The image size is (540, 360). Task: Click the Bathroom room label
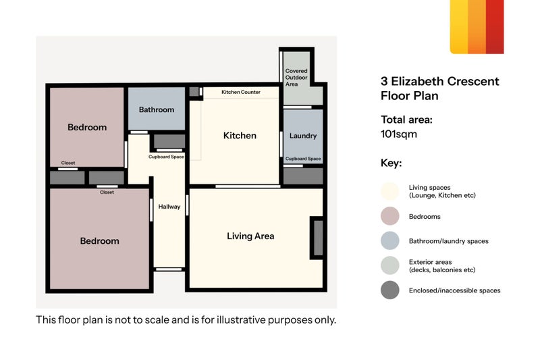pos(157,109)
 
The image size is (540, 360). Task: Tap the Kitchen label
pos(240,135)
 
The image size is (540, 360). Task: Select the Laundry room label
pos(303,136)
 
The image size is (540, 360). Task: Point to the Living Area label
pos(250,236)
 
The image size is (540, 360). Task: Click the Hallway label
pos(169,207)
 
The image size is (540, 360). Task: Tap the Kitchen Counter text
pos(241,92)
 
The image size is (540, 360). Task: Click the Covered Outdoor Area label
pos(296,78)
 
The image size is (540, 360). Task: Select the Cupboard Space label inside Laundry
pos(303,159)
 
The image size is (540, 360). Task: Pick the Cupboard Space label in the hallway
pos(166,157)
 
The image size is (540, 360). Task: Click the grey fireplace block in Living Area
pos(318,238)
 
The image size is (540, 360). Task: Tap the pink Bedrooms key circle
pos(390,216)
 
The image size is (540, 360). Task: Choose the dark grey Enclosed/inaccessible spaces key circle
pos(390,290)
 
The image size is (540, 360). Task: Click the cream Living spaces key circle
pos(390,191)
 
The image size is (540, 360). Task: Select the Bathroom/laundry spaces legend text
pos(448,241)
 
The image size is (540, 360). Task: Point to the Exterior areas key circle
pos(390,265)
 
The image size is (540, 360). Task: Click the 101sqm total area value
pos(399,134)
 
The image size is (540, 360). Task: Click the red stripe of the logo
pos(495,27)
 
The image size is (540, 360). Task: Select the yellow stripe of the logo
pos(459,27)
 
